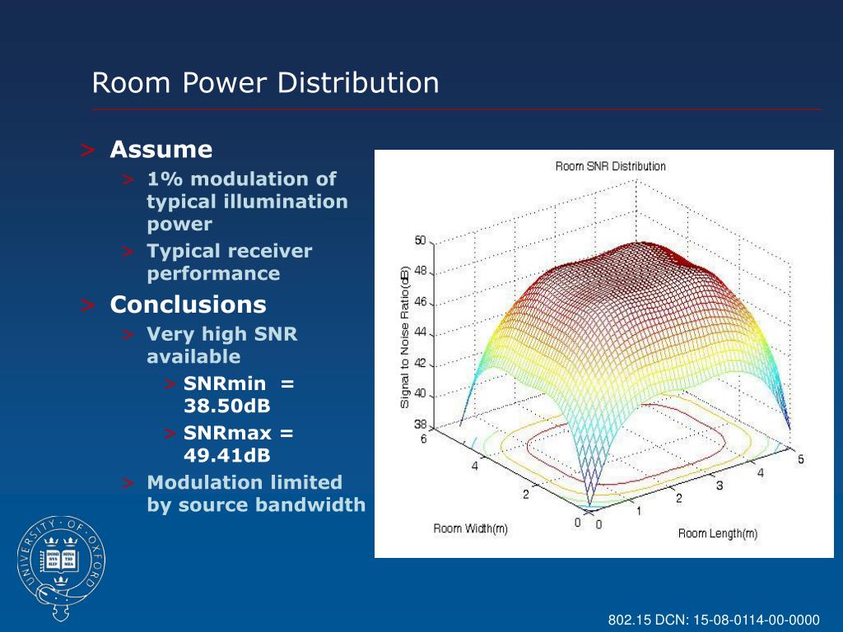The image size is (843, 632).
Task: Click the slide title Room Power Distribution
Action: coord(266,83)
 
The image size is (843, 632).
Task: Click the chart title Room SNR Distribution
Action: coord(610,166)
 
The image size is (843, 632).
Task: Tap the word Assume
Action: coord(161,150)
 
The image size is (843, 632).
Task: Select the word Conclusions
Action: coord(189,304)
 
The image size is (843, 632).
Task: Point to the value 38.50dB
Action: coord(227,406)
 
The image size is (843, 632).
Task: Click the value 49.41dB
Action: coord(227,455)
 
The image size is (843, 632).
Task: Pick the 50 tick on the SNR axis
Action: coord(421,240)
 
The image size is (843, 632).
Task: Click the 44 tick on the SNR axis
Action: coord(421,332)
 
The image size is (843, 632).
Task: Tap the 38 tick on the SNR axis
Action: coord(421,424)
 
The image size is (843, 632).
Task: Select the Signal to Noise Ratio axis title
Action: coord(405,337)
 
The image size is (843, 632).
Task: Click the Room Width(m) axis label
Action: coord(470,529)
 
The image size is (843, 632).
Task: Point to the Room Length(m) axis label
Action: coord(718,533)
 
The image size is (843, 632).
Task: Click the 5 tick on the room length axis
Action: coord(801,459)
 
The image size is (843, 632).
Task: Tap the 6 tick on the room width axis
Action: coord(424,439)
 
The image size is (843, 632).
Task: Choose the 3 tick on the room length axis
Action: coord(720,486)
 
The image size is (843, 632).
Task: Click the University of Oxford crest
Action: coord(61,567)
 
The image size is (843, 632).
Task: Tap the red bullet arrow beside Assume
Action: coord(87,150)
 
